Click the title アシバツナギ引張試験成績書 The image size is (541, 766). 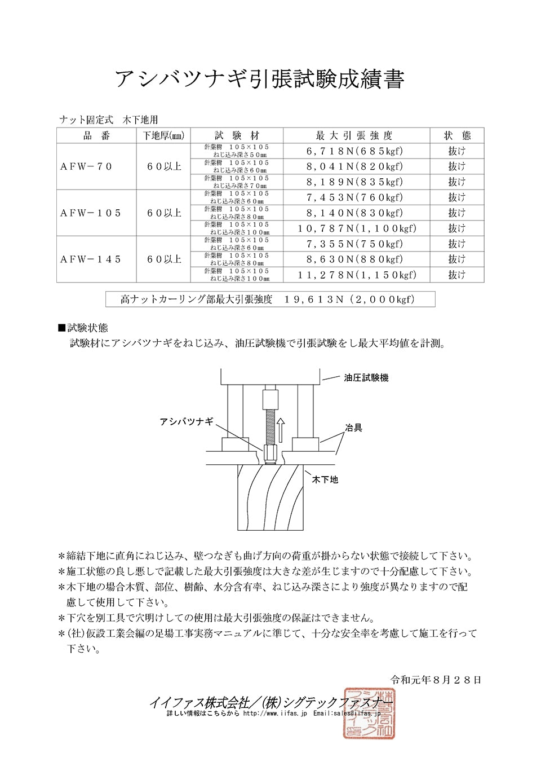[260, 79]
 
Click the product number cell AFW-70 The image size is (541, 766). [86, 166]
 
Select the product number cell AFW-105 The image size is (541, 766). [91, 213]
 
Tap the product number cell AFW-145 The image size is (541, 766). [91, 259]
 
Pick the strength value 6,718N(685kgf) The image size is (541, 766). [355, 151]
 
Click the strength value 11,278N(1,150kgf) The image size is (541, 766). [357, 275]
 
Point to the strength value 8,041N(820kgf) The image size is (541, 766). [355, 166]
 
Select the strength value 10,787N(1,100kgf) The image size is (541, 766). [357, 228]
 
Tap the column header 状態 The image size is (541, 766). [457, 135]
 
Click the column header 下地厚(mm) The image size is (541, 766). [163, 135]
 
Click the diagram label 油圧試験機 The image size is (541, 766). [366, 378]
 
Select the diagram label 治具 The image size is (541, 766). [354, 428]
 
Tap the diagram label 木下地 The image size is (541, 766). [325, 479]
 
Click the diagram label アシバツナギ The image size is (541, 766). [187, 421]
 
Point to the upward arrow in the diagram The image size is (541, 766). [281, 430]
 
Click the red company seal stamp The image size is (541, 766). [369, 713]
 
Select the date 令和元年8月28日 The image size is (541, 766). [436, 680]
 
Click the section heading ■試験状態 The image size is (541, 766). [83, 328]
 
